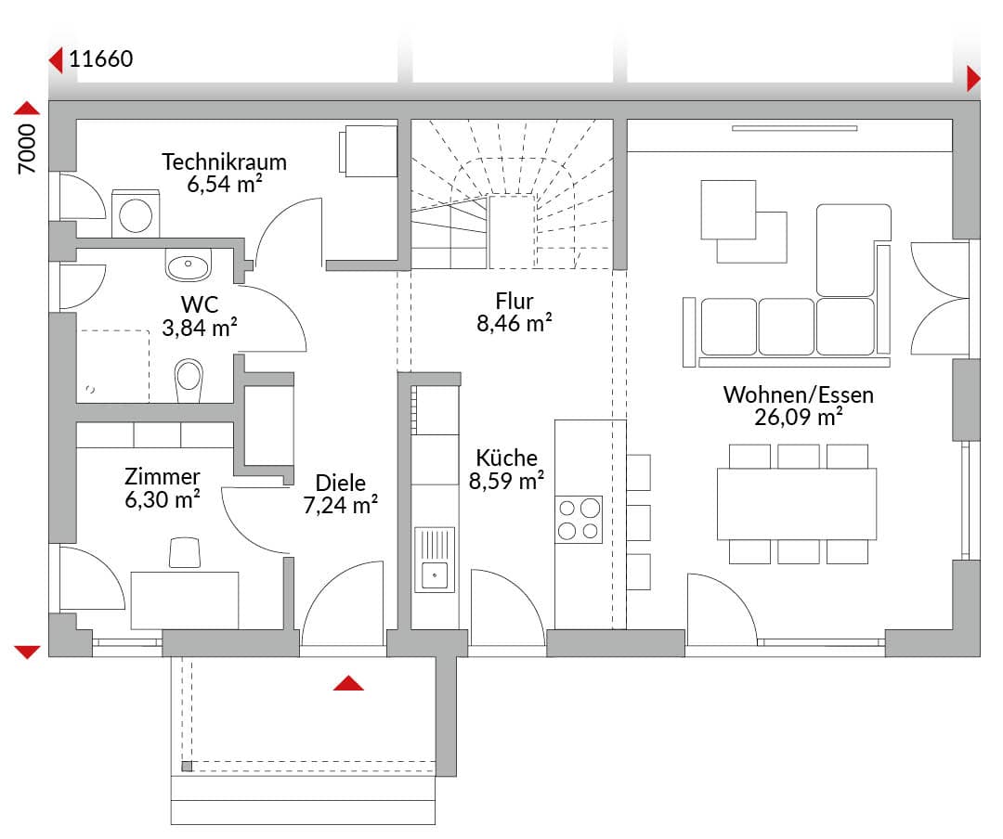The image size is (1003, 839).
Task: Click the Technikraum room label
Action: (x=224, y=161)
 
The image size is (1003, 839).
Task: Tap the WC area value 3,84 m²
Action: (x=200, y=328)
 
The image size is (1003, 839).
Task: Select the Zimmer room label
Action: (x=163, y=476)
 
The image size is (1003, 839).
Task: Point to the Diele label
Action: (x=341, y=483)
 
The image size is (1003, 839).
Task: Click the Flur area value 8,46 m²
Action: (x=515, y=324)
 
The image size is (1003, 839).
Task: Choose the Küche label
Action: (x=507, y=458)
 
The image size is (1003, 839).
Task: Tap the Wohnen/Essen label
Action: (x=799, y=394)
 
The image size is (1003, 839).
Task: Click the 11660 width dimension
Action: (x=100, y=58)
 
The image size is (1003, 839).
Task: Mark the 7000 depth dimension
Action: (x=27, y=149)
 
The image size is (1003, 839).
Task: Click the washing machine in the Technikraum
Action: (x=136, y=213)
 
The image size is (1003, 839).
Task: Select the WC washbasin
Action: (x=188, y=265)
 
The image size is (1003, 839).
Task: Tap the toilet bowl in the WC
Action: (x=189, y=381)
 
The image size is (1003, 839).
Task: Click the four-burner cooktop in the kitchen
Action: (x=579, y=519)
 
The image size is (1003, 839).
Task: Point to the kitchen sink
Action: (x=435, y=560)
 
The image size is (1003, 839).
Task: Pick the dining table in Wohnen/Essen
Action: (x=797, y=505)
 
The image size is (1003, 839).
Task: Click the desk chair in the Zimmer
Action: (x=185, y=552)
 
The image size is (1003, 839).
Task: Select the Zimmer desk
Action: (x=185, y=600)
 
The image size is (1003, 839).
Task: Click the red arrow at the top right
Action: (x=973, y=79)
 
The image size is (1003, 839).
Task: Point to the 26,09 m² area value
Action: (x=799, y=417)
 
